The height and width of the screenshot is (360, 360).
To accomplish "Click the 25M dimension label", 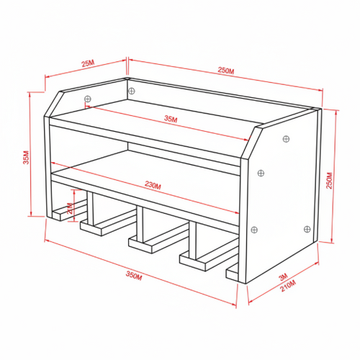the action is (89, 63).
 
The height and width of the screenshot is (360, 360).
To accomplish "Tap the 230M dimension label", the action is (153, 185).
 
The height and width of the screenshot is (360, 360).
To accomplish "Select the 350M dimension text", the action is (134, 276).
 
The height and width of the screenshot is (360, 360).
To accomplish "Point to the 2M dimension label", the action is (70, 208).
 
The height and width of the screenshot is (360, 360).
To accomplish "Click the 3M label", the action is (284, 276).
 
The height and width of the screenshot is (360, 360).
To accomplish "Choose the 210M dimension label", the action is (288, 286).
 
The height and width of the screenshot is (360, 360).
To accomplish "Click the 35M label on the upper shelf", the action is (171, 119).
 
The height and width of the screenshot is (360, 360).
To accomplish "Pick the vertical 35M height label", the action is (26, 158).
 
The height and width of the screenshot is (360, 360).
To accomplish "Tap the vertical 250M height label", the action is (329, 181).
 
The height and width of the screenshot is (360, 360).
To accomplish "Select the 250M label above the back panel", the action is (226, 71).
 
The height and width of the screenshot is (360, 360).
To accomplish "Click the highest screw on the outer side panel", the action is (286, 139).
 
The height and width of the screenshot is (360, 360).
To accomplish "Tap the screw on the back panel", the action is (132, 91).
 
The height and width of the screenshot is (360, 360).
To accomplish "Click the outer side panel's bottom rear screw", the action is (307, 229).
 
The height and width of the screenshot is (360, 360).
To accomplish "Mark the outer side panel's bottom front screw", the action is (254, 230).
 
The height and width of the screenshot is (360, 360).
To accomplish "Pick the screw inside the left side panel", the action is (88, 99).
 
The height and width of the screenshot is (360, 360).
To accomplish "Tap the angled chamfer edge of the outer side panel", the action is (251, 143).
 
